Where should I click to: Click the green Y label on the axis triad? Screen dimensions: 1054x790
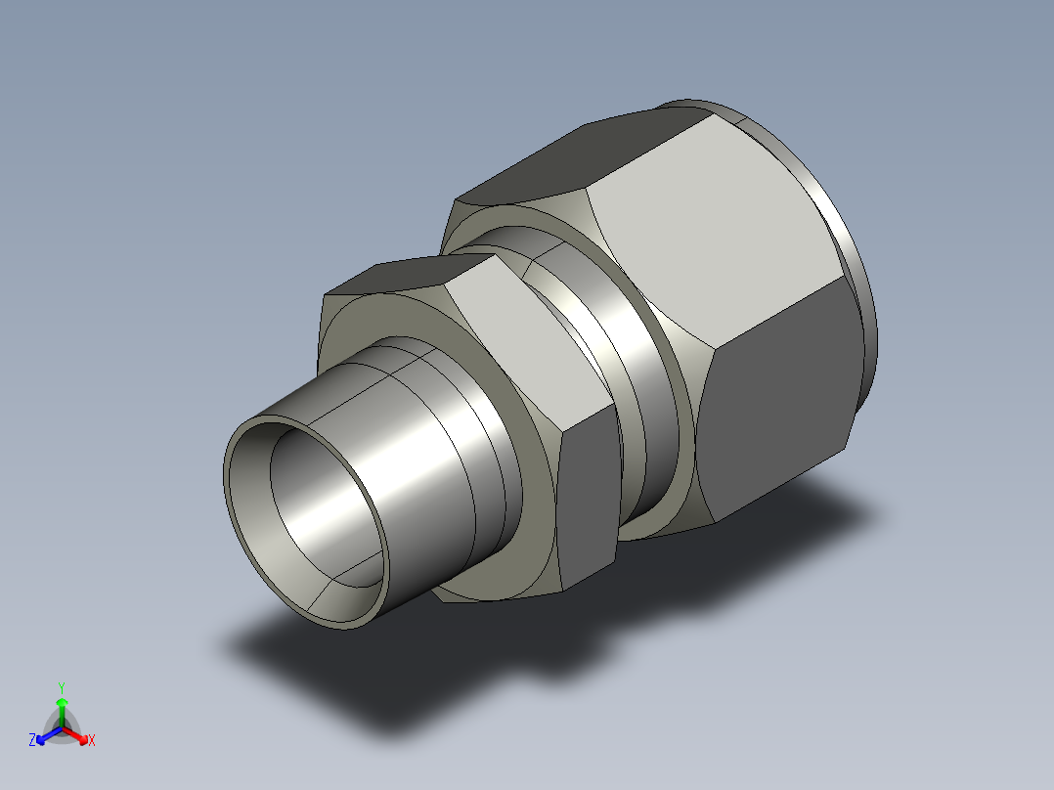[x=62, y=687]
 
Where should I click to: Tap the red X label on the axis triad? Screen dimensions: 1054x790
[x=92, y=740]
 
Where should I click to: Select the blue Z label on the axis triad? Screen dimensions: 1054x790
[x=31, y=739]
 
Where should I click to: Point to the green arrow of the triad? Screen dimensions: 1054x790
[x=62, y=712]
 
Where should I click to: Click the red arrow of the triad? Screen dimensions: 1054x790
[x=75, y=735]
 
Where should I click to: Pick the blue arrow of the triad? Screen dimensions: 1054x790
[x=49, y=735]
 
